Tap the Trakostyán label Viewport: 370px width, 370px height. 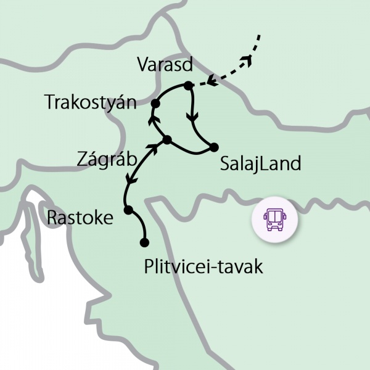pos(90,102)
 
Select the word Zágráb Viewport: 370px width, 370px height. pos(106,159)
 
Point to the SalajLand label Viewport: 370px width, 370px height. pos(260,164)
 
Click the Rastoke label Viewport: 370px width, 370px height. pos(80,218)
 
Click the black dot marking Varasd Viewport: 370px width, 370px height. pos(189,85)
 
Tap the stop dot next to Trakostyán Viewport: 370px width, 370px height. pos(156,102)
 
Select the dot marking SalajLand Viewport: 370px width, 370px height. pos(214,147)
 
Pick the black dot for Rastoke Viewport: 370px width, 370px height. pos(128,210)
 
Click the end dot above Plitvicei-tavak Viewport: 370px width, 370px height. pos(144,242)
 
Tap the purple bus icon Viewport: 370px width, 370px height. pos(274,219)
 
